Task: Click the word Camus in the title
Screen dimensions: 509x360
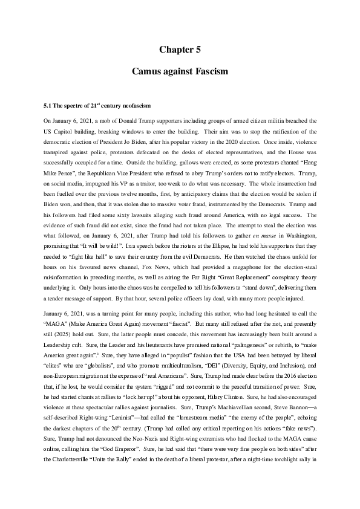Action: [x=148, y=71]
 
